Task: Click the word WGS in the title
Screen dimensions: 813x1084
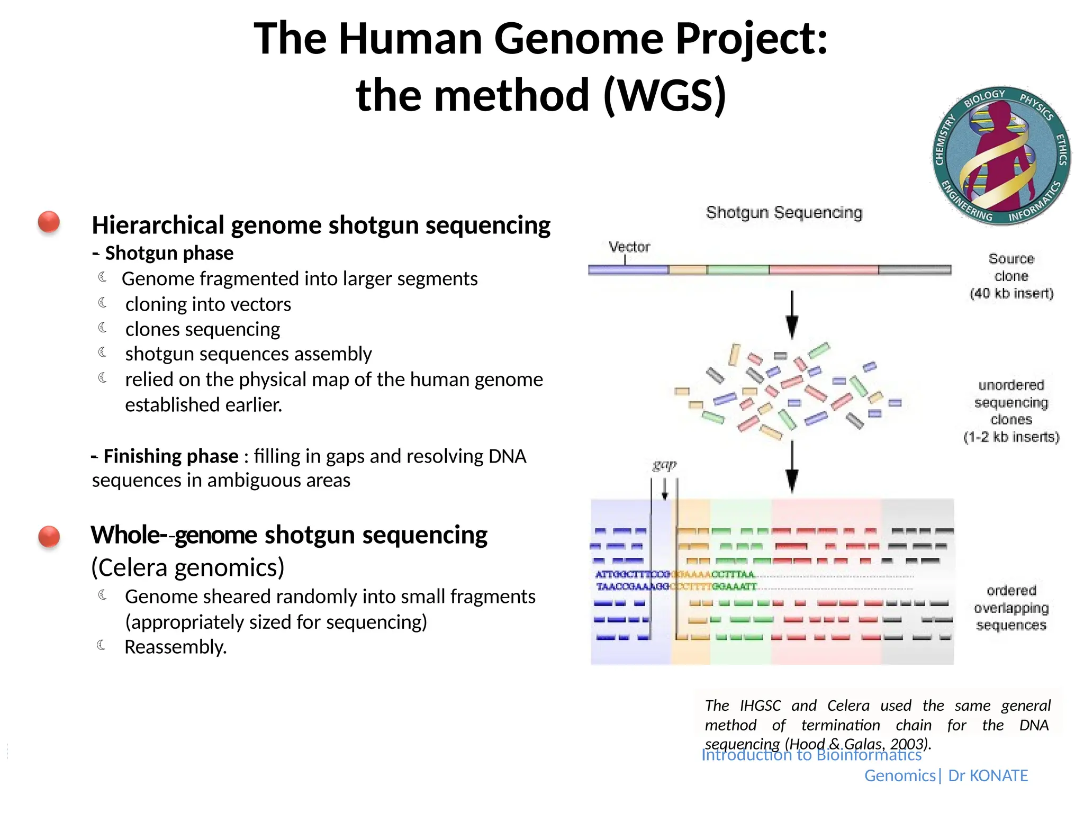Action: click(664, 96)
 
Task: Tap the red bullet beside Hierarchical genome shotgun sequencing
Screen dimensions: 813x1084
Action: click(49, 222)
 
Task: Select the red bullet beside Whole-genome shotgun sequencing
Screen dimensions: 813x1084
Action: click(49, 536)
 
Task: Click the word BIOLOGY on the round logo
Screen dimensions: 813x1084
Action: click(984, 98)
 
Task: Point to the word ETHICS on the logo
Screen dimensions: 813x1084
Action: click(1061, 150)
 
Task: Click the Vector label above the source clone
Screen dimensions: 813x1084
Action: click(629, 247)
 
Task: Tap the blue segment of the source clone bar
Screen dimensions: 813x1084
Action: click(628, 270)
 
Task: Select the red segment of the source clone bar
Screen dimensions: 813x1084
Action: click(823, 270)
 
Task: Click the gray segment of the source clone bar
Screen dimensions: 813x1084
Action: click(914, 270)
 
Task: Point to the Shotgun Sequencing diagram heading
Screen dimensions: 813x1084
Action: click(784, 213)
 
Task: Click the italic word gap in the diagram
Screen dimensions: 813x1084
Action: click(664, 464)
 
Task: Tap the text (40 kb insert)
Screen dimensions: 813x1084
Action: click(1011, 293)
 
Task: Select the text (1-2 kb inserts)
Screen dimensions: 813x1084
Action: click(1011, 437)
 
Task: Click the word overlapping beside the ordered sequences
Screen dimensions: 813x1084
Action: click(1011, 608)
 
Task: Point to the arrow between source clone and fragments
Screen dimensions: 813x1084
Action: click(792, 314)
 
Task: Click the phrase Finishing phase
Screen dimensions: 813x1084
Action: click(170, 456)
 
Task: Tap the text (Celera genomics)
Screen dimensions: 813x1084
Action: click(188, 567)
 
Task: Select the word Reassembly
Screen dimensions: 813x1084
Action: click(175, 647)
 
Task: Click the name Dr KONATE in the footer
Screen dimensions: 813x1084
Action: click(988, 775)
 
